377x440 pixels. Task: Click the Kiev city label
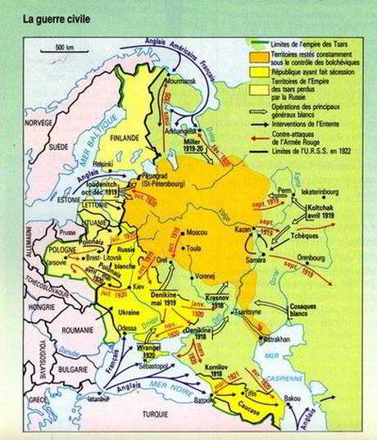coord(139,289)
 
